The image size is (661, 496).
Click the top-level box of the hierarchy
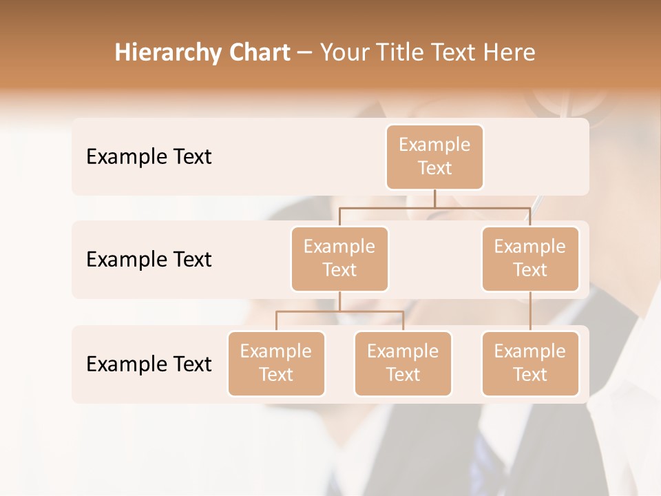pos(434,156)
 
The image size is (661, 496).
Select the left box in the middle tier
pos(339,258)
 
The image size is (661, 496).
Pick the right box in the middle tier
pos(530,258)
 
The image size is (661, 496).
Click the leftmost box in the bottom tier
pos(276,363)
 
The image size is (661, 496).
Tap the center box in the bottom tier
pos(403,363)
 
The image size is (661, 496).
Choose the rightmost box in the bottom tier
pos(530,363)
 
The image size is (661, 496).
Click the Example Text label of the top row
pos(149,156)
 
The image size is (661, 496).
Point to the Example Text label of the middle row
pos(149,259)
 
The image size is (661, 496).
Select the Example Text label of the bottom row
pos(149,364)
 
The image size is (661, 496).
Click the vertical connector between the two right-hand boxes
pos(530,311)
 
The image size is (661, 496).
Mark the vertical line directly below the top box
pos(434,198)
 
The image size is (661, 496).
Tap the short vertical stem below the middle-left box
pos(339,302)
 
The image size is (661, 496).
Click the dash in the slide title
pos(305,54)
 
